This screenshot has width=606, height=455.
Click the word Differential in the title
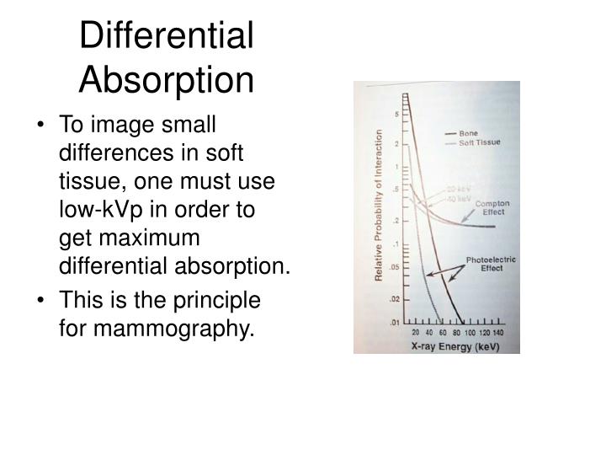click(166, 36)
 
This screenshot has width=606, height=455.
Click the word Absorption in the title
click(166, 80)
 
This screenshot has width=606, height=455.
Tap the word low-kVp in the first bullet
click(93, 211)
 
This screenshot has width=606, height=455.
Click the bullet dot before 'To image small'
click(43, 124)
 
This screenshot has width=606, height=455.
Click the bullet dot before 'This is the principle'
click(43, 299)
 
